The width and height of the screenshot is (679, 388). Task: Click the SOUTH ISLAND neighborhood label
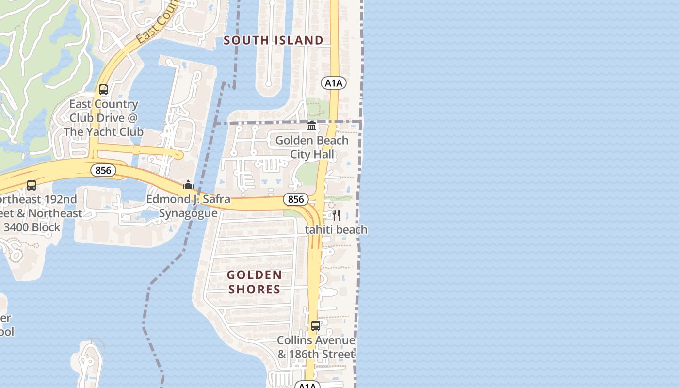[x=274, y=40]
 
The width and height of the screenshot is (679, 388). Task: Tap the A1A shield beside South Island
[x=333, y=83]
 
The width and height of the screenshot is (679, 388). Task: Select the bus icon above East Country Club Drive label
[x=103, y=90]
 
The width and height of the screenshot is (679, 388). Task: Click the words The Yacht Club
[x=103, y=132]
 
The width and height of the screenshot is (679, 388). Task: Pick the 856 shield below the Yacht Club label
[x=103, y=170]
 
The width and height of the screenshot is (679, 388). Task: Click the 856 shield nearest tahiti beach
[x=295, y=199]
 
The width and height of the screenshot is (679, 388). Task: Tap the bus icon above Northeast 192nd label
[x=32, y=185]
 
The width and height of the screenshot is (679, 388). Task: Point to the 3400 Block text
[x=32, y=227]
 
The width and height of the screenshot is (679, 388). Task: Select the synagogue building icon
[x=188, y=185]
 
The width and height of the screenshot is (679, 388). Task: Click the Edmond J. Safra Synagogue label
[x=188, y=206]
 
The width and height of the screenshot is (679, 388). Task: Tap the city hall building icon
[x=312, y=126]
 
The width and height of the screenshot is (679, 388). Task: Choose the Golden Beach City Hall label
[x=312, y=147]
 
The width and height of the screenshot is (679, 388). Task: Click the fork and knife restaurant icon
[x=336, y=215]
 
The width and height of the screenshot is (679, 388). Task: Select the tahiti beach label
[x=336, y=230]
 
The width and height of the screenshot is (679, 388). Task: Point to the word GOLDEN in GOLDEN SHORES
[x=254, y=275]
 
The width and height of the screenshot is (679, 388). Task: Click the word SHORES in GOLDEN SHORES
[x=254, y=290]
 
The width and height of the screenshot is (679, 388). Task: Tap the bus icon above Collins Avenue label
[x=316, y=326]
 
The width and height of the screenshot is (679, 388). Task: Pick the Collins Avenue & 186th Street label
[x=316, y=347]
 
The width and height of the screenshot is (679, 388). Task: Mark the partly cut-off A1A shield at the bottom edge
[x=307, y=386]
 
